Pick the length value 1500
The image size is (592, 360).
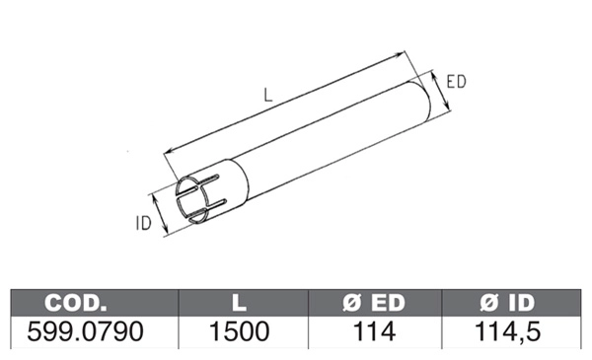[241, 332]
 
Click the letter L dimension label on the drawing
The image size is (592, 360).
[268, 96]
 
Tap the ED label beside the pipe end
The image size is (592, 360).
[456, 82]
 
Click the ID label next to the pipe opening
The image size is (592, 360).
[143, 223]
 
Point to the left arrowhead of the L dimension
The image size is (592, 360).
[168, 151]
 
